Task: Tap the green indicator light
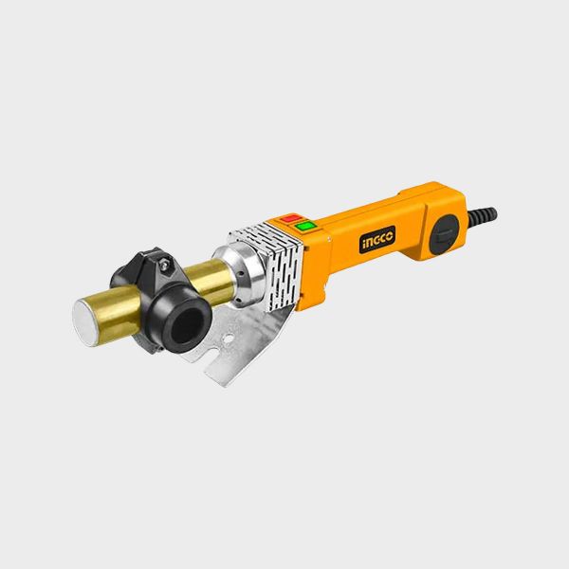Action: click(x=306, y=226)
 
